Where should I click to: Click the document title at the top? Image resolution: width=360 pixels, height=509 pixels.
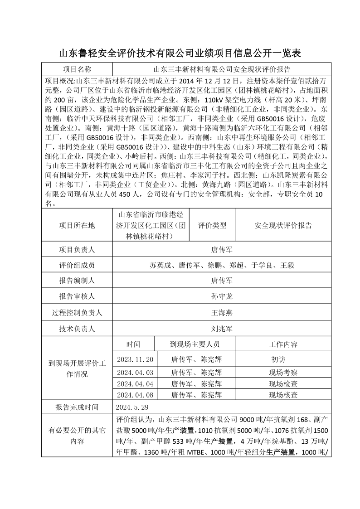pos(180,53)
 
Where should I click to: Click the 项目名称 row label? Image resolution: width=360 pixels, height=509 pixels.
pos(77,69)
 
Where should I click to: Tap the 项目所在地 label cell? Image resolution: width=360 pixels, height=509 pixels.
pos(77,225)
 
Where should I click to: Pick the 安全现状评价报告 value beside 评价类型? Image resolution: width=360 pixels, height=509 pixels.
pos(283,225)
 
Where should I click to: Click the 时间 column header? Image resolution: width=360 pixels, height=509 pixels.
pos(134,344)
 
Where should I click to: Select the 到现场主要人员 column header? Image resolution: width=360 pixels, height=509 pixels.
pos(195,344)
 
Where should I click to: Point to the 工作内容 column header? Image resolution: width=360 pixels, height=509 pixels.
pos(283,344)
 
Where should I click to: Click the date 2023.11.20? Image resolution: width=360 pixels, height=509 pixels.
pos(135,359)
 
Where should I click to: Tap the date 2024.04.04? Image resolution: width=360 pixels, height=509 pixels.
pos(135,383)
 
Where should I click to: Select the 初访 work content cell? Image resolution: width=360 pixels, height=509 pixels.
pos(278,359)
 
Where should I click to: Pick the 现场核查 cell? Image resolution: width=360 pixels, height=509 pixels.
pos(283,395)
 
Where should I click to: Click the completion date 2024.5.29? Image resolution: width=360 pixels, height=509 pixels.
pos(132,407)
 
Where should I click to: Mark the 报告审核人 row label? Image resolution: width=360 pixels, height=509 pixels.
pos(77,296)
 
